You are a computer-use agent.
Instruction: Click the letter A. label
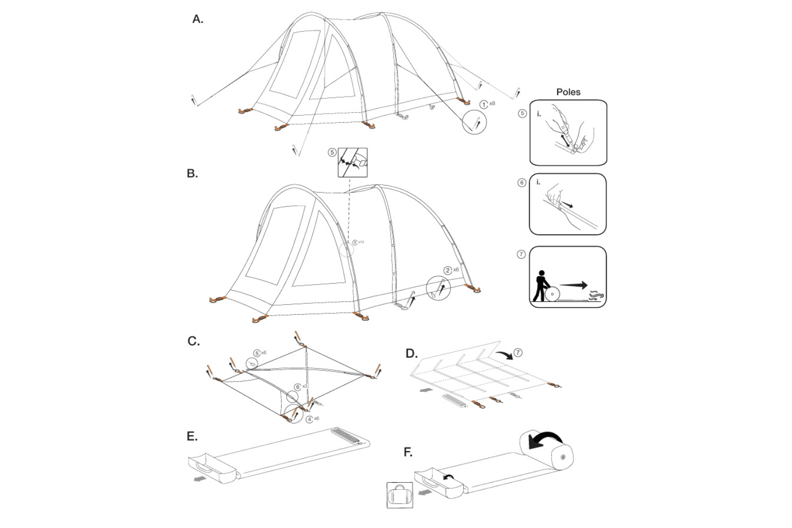click(x=198, y=20)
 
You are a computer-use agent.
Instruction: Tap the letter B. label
click(x=192, y=173)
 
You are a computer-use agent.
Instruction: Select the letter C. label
click(x=194, y=341)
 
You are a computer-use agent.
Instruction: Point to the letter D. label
click(x=411, y=354)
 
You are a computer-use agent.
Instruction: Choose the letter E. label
click(x=192, y=436)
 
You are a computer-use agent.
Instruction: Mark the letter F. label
click(x=408, y=453)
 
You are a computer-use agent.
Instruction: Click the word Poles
click(x=568, y=92)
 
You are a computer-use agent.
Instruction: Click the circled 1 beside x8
click(x=484, y=105)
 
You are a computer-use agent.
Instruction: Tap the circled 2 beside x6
click(x=447, y=271)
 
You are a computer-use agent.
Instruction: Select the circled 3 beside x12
click(x=355, y=242)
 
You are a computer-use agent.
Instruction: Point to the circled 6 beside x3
click(x=298, y=387)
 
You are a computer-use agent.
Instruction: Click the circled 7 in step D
click(x=518, y=353)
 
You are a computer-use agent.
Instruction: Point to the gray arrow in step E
click(x=200, y=479)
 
